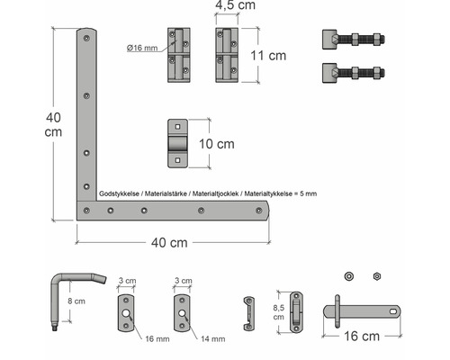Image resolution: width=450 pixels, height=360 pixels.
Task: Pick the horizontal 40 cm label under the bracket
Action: click(171, 242)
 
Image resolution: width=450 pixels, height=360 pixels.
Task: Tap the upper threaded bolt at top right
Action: click(351, 40)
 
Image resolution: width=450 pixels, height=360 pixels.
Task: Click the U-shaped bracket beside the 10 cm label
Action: click(180, 143)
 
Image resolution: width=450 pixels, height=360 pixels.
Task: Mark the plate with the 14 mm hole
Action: click(182, 310)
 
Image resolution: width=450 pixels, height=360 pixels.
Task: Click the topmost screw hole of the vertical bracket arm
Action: click(85, 39)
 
